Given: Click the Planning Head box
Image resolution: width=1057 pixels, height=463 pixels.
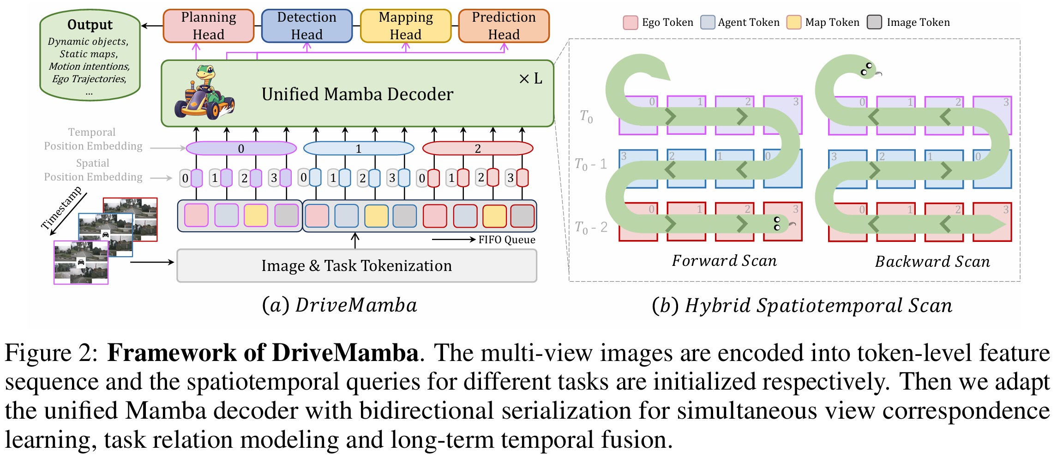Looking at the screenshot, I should point(209,26).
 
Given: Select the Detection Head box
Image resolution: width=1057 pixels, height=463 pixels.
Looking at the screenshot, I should point(307,26).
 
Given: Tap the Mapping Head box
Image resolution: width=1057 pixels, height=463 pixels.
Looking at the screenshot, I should point(406,26).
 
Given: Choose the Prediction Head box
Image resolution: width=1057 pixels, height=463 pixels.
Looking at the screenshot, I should point(504,26).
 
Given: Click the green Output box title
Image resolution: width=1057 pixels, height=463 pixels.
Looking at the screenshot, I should point(90,24).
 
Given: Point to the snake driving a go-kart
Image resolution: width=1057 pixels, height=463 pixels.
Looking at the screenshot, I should point(204,93).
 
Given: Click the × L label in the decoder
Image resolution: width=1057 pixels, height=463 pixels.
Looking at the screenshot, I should point(531,79).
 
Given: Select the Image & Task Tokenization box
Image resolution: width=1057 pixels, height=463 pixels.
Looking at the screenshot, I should point(357,266).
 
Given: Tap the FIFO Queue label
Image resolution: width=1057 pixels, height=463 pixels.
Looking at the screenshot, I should point(507,240).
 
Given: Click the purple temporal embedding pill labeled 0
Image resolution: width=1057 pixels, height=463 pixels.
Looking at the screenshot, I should point(241,148).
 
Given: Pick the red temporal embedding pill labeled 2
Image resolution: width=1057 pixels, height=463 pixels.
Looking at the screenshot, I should point(478,148).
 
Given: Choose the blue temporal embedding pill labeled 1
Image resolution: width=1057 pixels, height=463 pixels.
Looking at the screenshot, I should point(359,148).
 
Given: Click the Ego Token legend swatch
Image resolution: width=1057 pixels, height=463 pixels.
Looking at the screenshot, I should point(631,22).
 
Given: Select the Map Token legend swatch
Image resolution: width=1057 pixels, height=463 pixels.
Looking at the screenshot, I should point(794,22).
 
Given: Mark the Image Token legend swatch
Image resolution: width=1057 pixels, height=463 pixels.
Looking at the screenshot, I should point(874,22).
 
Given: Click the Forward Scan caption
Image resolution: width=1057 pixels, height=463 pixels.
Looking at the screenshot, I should point(724,261).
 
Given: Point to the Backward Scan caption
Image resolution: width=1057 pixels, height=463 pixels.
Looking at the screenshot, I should point(932,262).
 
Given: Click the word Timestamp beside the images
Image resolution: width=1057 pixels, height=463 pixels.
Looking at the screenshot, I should point(61,208).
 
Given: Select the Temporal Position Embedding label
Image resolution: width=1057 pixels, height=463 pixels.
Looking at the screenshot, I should point(93,139).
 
